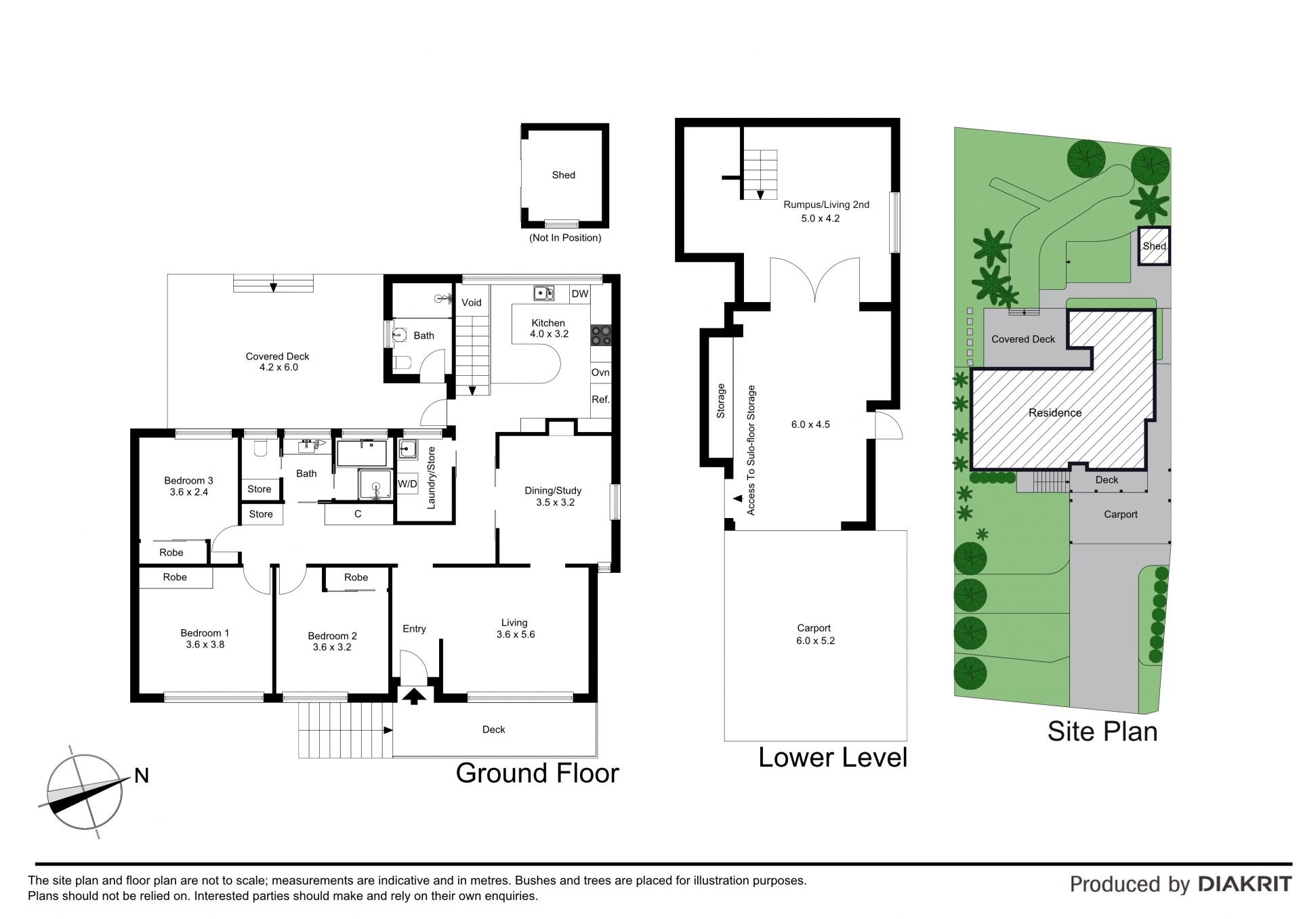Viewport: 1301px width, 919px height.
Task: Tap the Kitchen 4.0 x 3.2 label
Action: (x=549, y=328)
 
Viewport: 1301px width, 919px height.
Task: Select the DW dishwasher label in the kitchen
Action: (x=580, y=294)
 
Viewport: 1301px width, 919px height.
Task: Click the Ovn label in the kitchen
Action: (x=600, y=372)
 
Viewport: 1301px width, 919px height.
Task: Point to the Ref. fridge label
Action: (x=600, y=400)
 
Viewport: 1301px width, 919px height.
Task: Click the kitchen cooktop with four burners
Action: (x=600, y=336)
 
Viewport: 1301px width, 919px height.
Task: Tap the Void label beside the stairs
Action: (x=472, y=303)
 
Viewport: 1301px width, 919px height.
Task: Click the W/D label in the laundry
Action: (x=407, y=484)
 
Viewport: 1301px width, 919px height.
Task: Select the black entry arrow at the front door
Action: (x=414, y=696)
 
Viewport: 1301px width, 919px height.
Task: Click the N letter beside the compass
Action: (x=142, y=775)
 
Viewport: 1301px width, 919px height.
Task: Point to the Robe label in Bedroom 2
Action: (x=356, y=578)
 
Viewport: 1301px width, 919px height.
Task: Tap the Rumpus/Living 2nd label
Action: (x=826, y=205)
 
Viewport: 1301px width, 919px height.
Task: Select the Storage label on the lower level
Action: (x=721, y=401)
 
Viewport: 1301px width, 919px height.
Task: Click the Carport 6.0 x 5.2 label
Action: (x=815, y=635)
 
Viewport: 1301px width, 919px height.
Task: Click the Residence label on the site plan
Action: (x=1055, y=413)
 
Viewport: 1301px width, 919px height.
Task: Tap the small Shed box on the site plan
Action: (x=1154, y=246)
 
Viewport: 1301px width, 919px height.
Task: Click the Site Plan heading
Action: (x=1102, y=731)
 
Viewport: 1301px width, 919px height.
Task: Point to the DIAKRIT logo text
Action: (x=1245, y=884)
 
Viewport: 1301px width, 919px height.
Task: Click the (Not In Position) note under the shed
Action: (x=565, y=238)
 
